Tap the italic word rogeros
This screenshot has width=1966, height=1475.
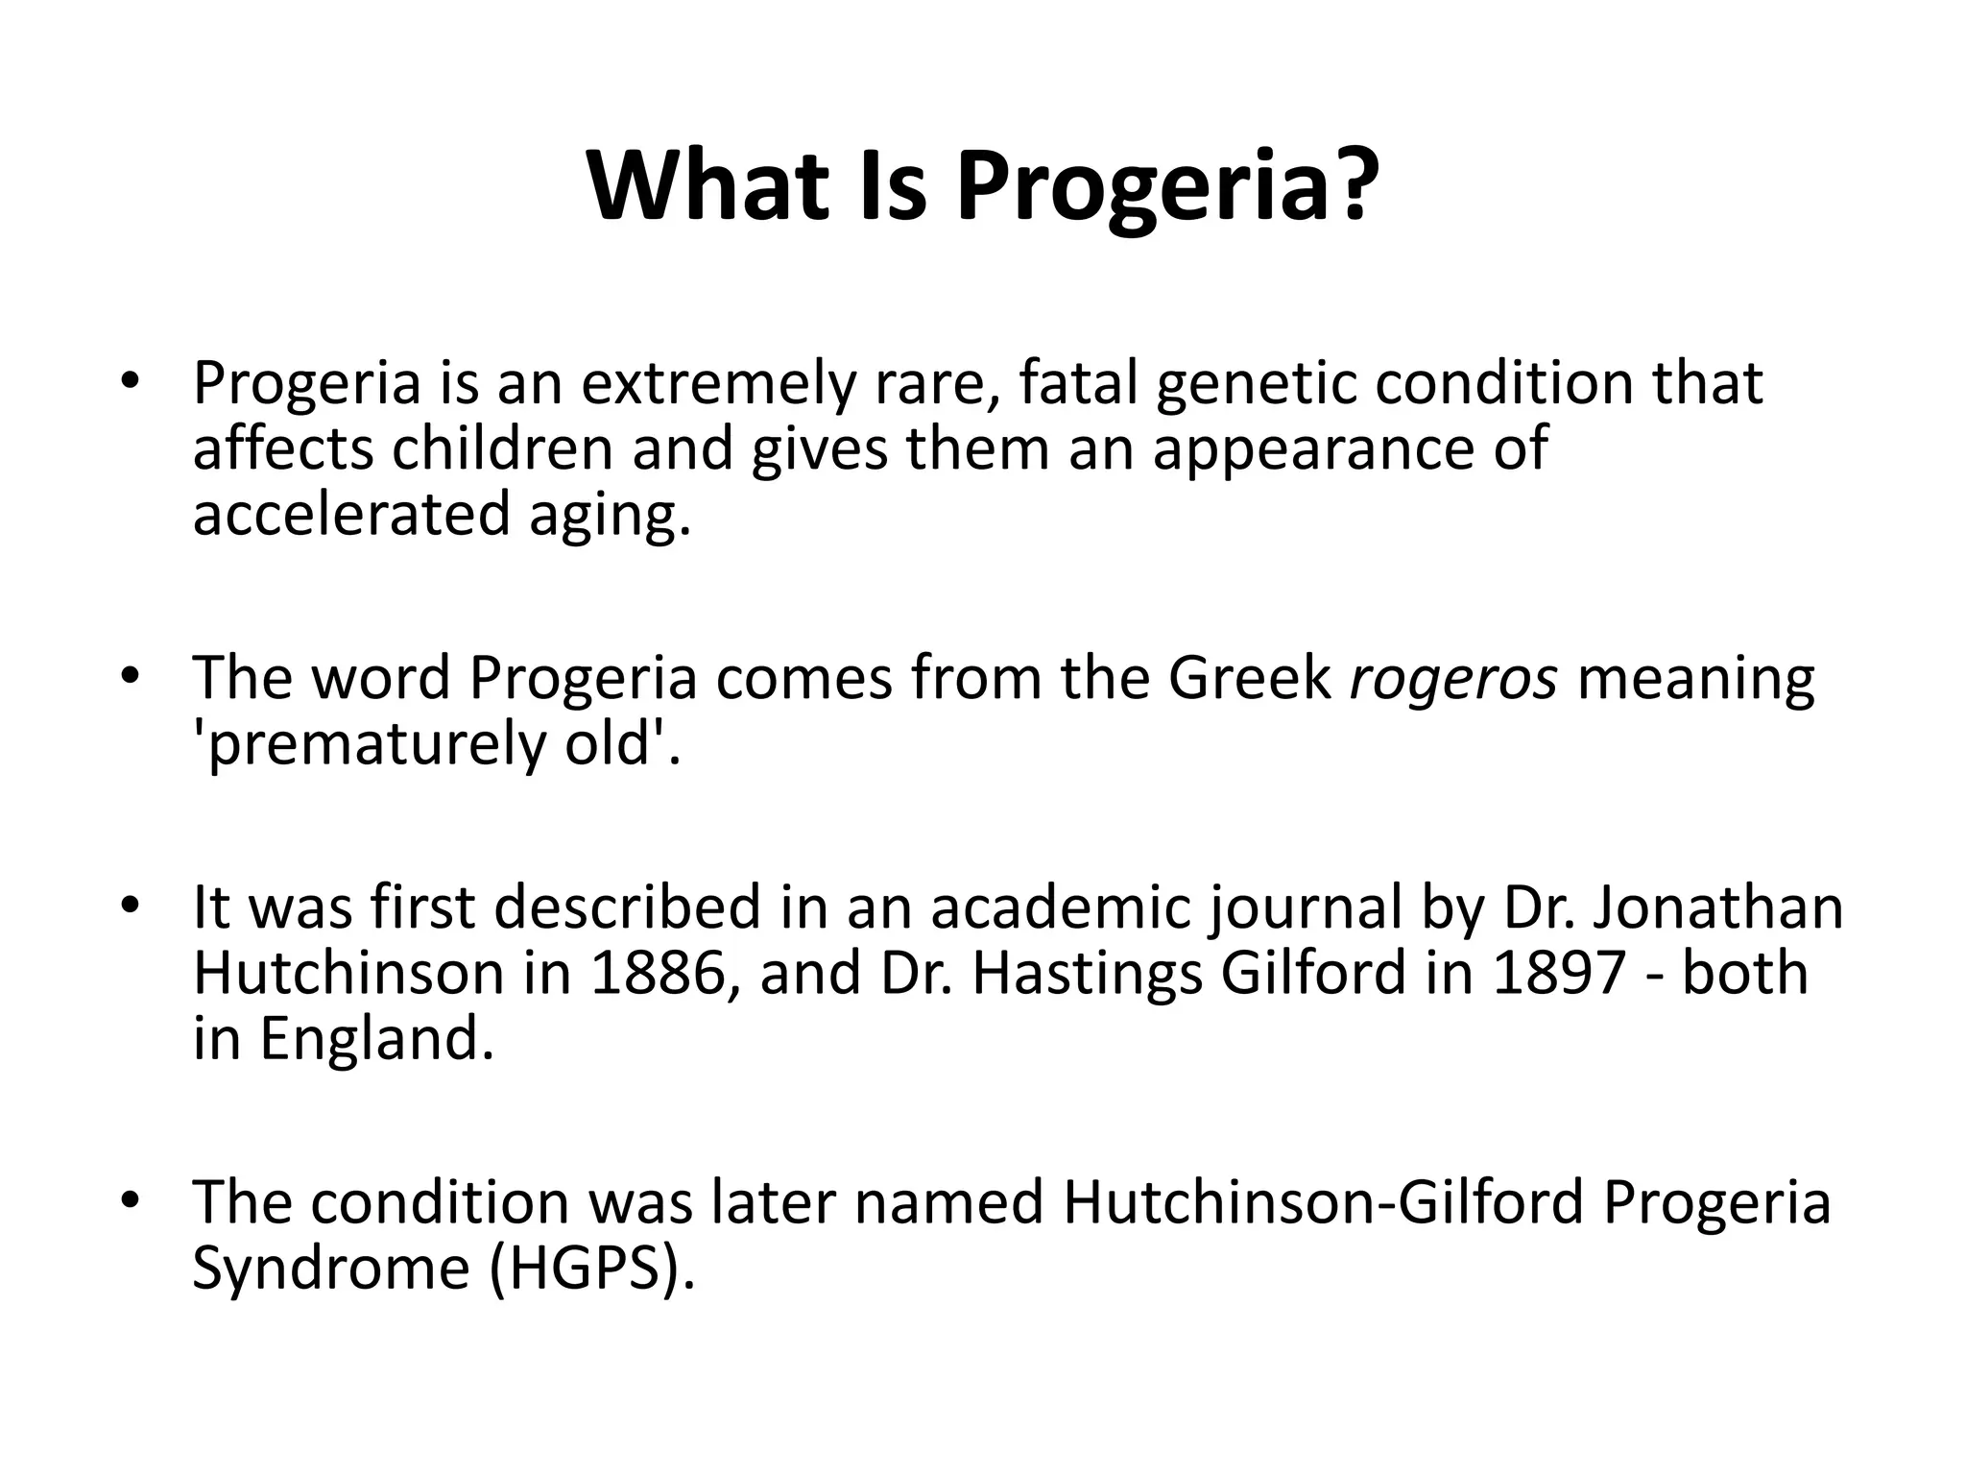[1453, 678]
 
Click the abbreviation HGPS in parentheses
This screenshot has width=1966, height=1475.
[586, 1268]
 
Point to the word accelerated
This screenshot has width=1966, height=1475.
[350, 513]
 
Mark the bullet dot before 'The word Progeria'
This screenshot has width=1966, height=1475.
[131, 676]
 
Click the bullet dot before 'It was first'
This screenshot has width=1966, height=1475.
[131, 905]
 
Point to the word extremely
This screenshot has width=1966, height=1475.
[716, 384]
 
